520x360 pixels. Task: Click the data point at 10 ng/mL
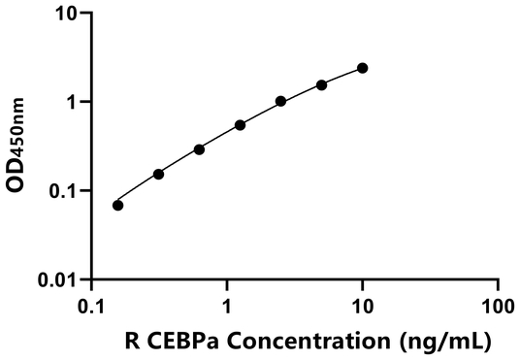tap(363, 68)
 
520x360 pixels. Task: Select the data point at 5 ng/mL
tap(322, 84)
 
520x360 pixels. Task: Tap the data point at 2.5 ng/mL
tap(280, 101)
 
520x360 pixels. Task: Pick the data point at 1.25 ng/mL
tap(240, 125)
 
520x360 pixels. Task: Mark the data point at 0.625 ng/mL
tap(199, 149)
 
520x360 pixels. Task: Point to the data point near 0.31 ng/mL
tap(158, 174)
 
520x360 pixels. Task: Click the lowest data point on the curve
tap(118, 205)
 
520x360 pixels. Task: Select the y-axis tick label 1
tap(70, 102)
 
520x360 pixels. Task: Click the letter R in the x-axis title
tap(132, 341)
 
